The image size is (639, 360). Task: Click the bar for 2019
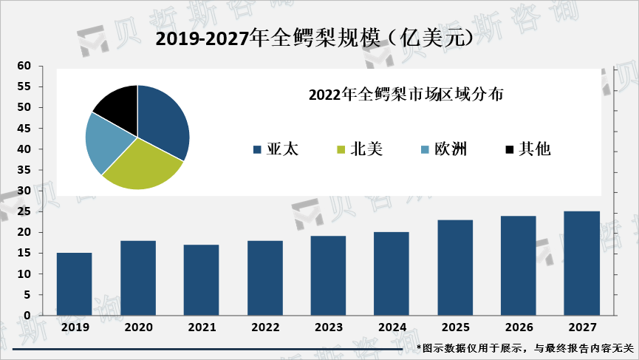tap(74, 284)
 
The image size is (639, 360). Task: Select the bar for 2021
tap(201, 280)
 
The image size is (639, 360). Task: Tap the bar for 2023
tap(328, 276)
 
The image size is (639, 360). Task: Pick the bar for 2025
tap(455, 268)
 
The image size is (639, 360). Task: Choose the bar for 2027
tap(582, 263)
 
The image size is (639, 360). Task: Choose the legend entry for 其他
tap(527, 149)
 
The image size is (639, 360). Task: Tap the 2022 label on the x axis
tap(264, 327)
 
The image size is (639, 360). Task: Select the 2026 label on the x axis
tap(519, 327)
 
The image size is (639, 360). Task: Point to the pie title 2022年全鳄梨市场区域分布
tap(406, 95)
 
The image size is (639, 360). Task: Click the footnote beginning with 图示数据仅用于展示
tap(525, 348)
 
